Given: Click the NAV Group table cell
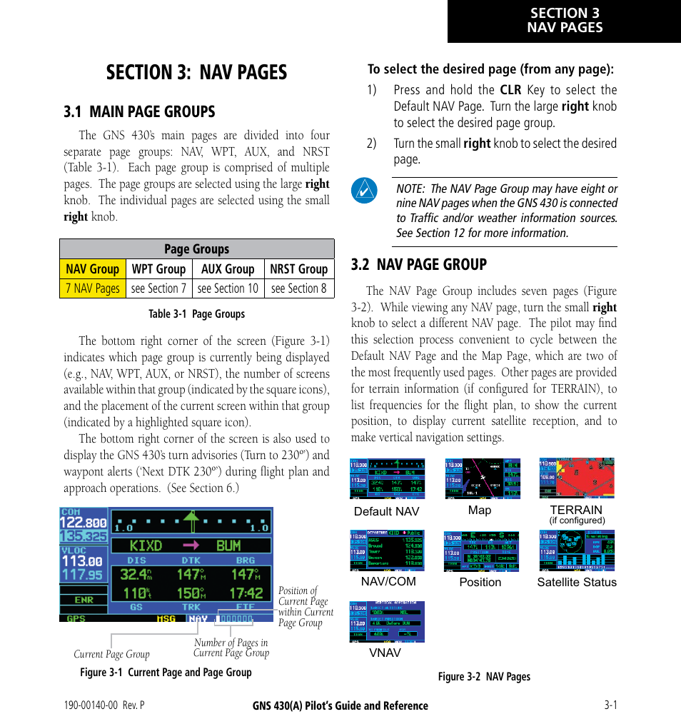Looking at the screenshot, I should (93, 269).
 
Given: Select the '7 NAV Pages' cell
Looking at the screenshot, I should (93, 288).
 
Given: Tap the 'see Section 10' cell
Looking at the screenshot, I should (228, 288).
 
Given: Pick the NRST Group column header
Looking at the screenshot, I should (298, 269).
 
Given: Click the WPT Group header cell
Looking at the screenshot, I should (158, 269).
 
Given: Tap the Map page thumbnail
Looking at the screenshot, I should (483, 478).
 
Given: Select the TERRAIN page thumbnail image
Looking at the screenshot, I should (576, 478).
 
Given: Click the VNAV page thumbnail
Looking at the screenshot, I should (387, 621).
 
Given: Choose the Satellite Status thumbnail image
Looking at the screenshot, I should (576, 550).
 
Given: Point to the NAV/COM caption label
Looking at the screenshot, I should (388, 582).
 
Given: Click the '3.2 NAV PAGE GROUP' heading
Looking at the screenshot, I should (418, 264).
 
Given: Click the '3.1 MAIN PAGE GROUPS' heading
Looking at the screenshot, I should (139, 111).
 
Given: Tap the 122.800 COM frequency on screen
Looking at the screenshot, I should (84, 522).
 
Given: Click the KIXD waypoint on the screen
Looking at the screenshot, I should (146, 546).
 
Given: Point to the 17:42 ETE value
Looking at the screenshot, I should (246, 593).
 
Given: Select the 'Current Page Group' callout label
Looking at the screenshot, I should (111, 654).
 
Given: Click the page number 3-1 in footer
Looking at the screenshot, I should (610, 705).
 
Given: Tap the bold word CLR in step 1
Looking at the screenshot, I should (510, 90).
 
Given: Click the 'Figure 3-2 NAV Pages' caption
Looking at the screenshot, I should (484, 677).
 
